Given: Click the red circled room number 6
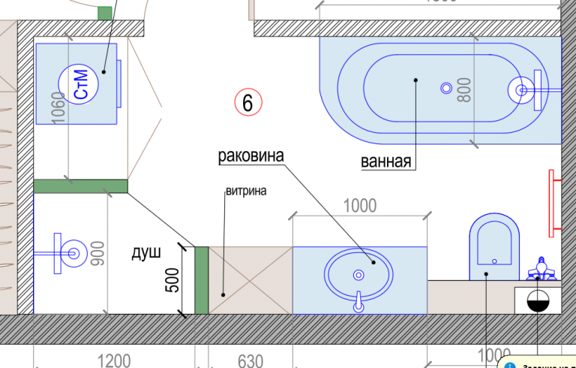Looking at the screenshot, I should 248,101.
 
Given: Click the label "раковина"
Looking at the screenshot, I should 250,157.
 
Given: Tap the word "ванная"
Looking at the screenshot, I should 387,161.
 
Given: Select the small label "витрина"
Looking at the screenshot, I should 246,191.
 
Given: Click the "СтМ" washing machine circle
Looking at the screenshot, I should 82,83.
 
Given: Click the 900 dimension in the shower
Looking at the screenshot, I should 97,255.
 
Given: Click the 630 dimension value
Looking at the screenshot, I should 251,360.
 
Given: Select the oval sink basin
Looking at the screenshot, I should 358,274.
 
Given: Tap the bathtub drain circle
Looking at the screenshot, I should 447,88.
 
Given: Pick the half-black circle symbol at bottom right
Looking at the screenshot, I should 538,300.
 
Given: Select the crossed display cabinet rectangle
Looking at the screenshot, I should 250,279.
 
